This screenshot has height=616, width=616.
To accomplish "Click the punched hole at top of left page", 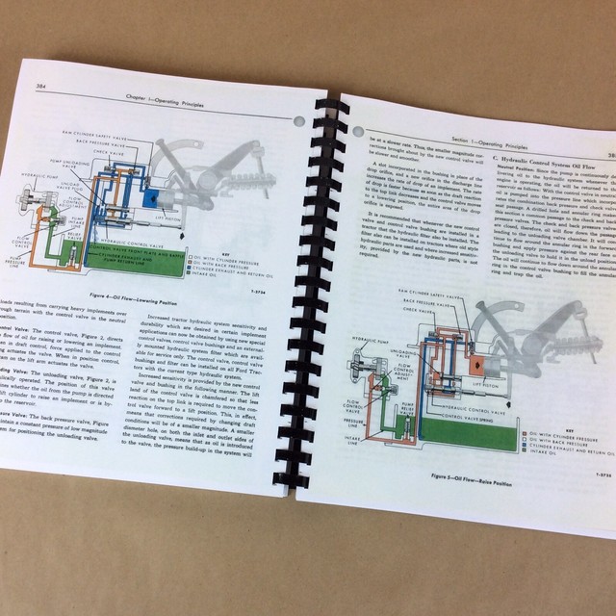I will click(297, 120).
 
